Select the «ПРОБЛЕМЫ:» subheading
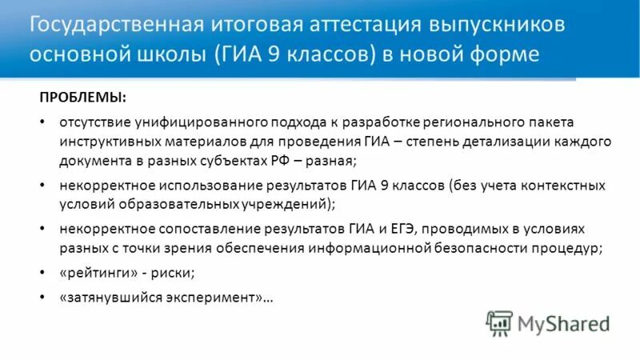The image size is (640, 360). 82,97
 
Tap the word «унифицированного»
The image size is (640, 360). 186,123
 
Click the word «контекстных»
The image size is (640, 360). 562,185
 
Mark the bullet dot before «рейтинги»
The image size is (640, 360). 41,273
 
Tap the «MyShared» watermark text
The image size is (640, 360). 563,324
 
